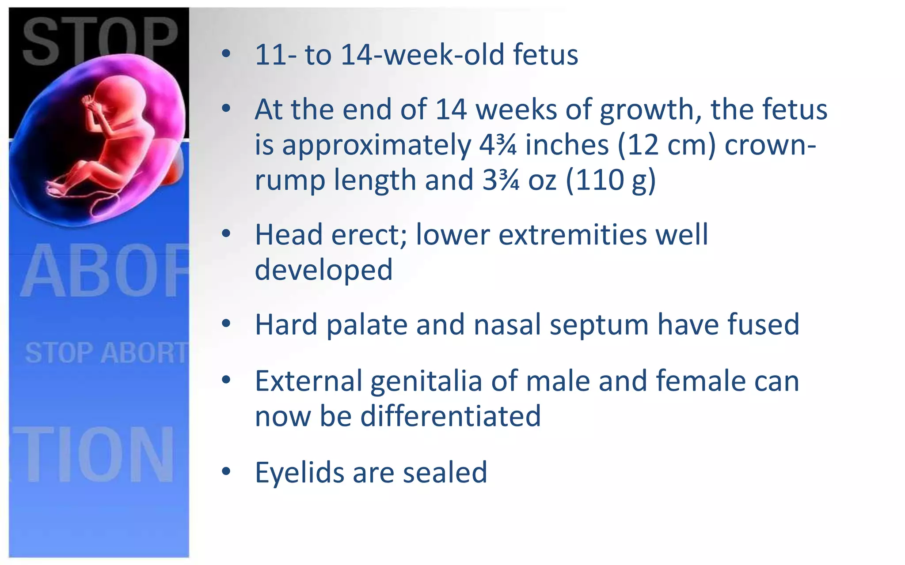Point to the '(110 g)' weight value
[x=611, y=181]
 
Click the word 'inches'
[x=567, y=145]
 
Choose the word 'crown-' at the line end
[x=770, y=145]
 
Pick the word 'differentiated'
[x=450, y=416]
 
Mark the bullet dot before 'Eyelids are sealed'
[x=226, y=471]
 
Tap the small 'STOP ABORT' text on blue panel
[x=106, y=353]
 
